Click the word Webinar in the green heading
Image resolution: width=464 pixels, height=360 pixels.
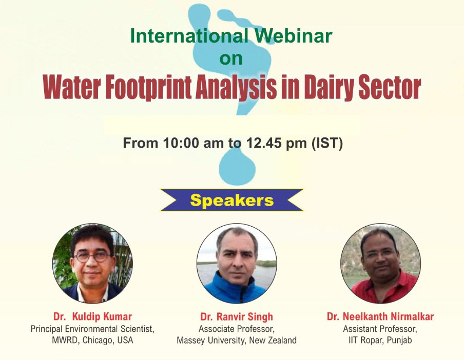tap(294, 35)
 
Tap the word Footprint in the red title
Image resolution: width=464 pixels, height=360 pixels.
tap(148, 87)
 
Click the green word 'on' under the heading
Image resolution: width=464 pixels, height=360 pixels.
tap(231, 58)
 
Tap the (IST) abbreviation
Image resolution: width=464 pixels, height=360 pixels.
tap(327, 144)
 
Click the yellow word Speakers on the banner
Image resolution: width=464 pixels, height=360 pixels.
tap(231, 201)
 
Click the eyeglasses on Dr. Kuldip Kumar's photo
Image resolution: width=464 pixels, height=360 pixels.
tap(92, 257)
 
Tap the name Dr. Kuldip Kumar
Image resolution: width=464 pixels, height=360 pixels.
tap(92, 316)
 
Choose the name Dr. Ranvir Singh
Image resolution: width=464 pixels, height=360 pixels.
tap(237, 316)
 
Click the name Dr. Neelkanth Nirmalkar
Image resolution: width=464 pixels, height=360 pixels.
tap(380, 316)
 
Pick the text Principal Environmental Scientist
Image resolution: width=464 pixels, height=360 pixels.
tap(92, 329)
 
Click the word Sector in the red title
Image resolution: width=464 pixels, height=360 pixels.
tap(390, 88)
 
